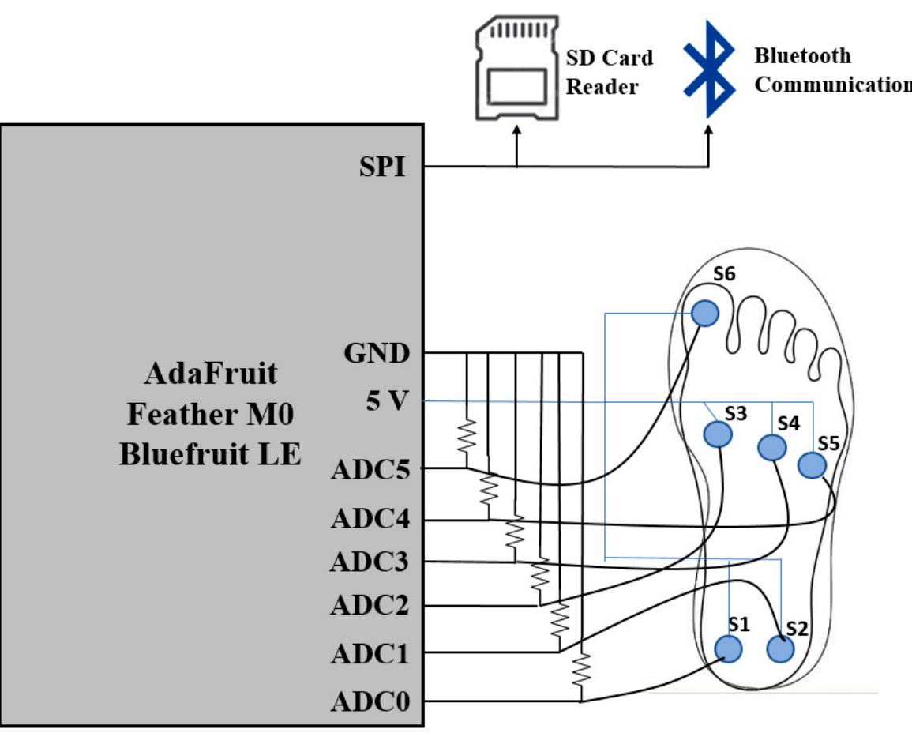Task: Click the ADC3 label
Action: [369, 562]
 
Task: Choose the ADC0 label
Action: [369, 701]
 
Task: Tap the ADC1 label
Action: [369, 653]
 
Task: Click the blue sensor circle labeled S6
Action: [705, 314]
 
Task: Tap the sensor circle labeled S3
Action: [718, 434]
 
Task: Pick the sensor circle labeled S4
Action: [771, 448]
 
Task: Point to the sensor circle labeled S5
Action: [811, 465]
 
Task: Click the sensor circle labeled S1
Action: [728, 648]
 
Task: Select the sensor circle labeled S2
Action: [780, 649]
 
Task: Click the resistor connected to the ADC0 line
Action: [582, 671]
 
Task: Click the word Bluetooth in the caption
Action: [802, 56]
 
